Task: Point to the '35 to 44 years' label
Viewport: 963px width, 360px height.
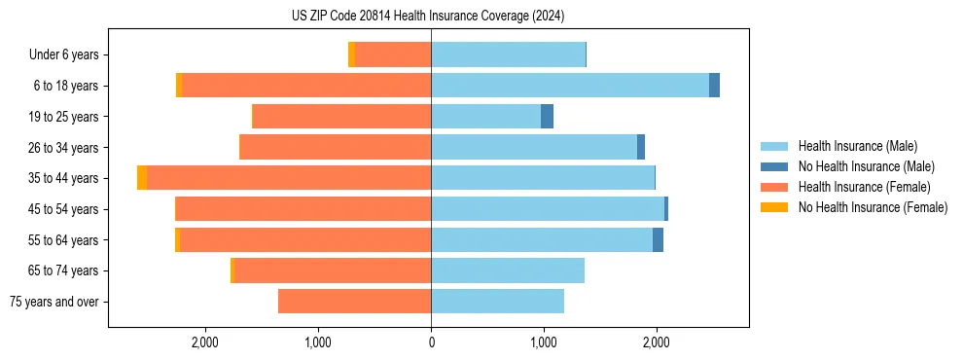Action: coord(64,178)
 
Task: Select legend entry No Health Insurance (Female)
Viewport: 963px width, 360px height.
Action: coord(873,207)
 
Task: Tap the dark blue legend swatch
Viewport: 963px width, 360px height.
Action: coord(774,166)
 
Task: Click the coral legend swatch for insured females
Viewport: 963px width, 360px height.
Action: coord(774,187)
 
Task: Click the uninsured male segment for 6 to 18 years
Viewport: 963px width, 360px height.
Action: coord(714,86)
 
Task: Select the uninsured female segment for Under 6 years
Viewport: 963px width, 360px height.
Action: coord(351,55)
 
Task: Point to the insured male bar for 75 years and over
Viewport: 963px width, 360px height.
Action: coord(497,302)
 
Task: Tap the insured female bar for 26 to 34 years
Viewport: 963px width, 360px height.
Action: coord(335,148)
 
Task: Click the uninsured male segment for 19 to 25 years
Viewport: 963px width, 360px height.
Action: coord(547,117)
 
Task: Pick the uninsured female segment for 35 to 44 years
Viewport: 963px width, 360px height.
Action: coord(142,178)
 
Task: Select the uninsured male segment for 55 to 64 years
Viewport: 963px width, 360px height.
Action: coord(658,240)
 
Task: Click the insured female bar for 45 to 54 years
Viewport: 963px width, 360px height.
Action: coord(303,209)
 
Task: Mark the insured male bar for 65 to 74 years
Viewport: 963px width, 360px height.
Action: coord(508,270)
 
